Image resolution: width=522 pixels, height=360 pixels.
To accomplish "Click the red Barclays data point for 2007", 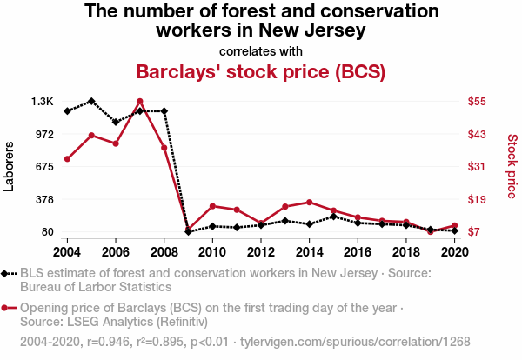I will pyautogui.click(x=139, y=102).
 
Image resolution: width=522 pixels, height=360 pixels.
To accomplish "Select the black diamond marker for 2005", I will pyautogui.click(x=91, y=102).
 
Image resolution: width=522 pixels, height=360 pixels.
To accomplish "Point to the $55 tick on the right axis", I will pyautogui.click(x=478, y=102).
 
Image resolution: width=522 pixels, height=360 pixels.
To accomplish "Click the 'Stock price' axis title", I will pyautogui.click(x=512, y=166).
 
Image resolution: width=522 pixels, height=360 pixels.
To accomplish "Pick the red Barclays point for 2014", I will pyautogui.click(x=309, y=202).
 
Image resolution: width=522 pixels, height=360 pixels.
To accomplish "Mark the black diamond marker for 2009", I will pyautogui.click(x=188, y=231).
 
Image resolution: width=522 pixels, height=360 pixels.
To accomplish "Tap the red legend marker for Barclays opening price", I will pyautogui.click(x=10, y=308).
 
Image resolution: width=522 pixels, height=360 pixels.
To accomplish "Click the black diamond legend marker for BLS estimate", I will pyautogui.click(x=10, y=273).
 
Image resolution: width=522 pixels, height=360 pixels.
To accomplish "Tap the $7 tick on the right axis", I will pyautogui.click(x=478, y=232).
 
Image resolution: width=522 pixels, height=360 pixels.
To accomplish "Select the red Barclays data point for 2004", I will pyautogui.click(x=67, y=159).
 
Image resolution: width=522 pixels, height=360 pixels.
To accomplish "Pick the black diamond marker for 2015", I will pyautogui.click(x=333, y=217).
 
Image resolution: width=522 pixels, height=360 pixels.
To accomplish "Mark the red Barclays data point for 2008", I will pyautogui.click(x=164, y=148).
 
